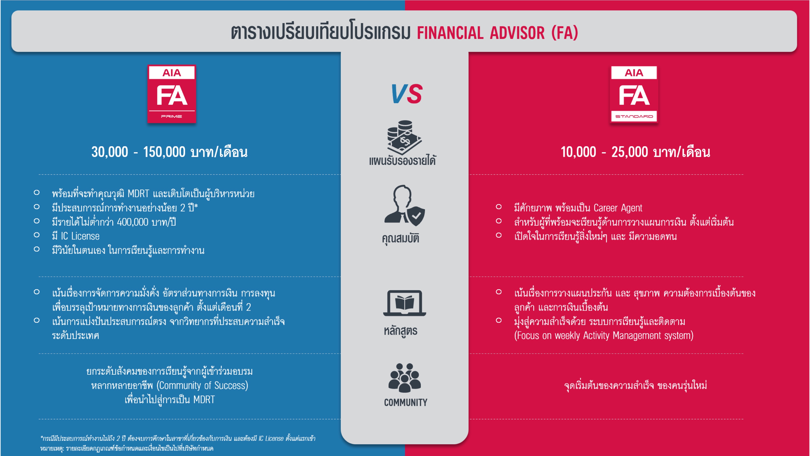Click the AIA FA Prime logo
point(172,94)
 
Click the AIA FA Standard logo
point(634,94)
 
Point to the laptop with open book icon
point(404,303)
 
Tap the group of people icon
point(404,378)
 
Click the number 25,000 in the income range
point(630,152)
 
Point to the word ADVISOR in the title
point(517,33)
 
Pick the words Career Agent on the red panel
point(618,208)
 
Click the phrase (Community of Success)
point(202,386)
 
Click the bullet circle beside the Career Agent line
point(498,207)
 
